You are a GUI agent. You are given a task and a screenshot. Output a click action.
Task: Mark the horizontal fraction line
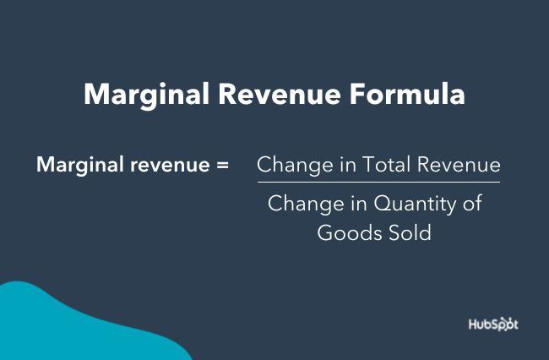tap(378, 182)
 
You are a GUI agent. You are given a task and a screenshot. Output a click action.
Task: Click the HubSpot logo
tap(493, 325)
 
